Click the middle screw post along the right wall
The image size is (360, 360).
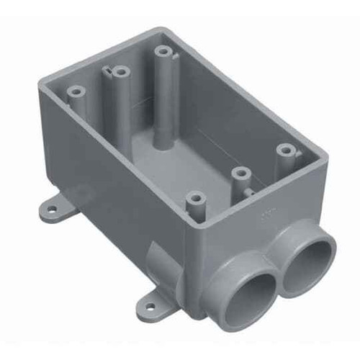point(240,173)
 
